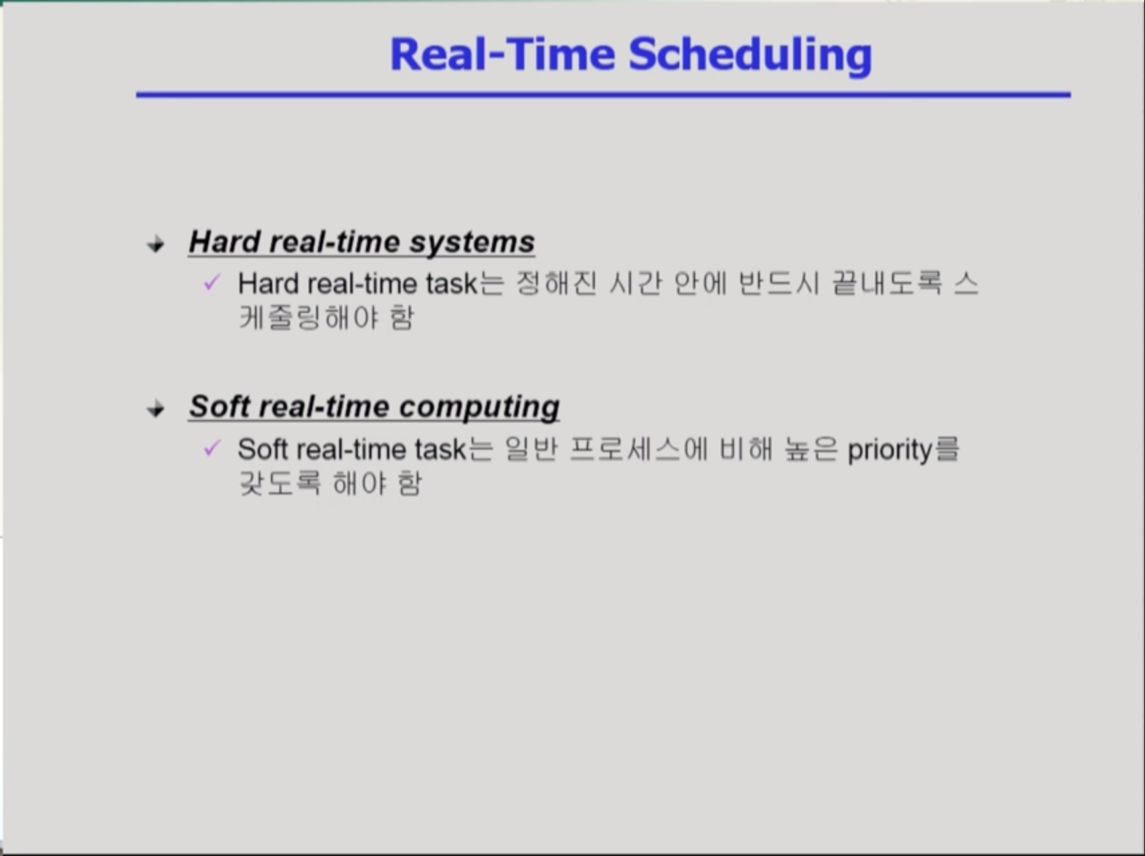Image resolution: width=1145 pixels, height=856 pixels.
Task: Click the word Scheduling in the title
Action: pos(750,56)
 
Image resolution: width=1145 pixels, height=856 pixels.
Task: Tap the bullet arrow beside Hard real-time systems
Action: pos(156,244)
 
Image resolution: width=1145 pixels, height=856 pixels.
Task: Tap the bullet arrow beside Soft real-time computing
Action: pos(156,409)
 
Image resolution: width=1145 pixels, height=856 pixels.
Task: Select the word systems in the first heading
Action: pos(472,243)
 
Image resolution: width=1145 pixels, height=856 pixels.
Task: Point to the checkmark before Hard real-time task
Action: pos(211,283)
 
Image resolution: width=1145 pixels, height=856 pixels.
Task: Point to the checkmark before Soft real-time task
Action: pos(211,448)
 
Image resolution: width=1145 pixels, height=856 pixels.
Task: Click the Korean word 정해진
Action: pos(556,284)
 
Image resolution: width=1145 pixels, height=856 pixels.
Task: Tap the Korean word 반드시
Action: pos(779,284)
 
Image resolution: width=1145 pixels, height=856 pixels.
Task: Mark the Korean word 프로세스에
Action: pos(639,449)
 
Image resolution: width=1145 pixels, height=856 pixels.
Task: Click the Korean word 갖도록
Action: pos(280,483)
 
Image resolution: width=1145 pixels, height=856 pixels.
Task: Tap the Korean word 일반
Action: pos(531,449)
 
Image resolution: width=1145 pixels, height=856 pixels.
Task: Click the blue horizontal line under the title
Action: pos(604,95)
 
